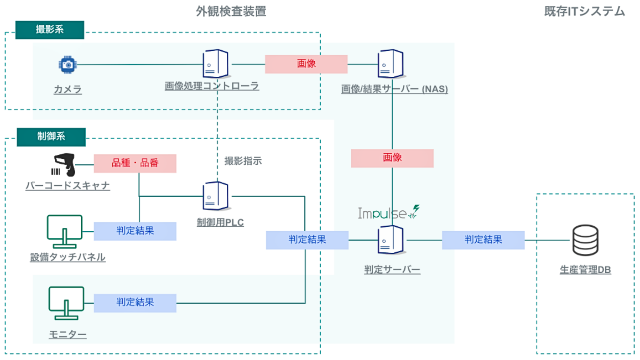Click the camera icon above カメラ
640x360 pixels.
pyautogui.click(x=68, y=64)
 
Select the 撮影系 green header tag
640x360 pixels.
pyautogui.click(x=50, y=30)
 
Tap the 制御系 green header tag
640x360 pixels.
pyautogui.click(x=51, y=137)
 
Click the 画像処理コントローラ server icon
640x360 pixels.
pyautogui.click(x=215, y=64)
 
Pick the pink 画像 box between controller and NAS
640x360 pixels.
pyautogui.click(x=306, y=64)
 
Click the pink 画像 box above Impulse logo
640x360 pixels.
pyautogui.click(x=392, y=158)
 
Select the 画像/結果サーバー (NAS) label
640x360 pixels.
pyautogui.click(x=394, y=89)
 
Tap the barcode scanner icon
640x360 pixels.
pyautogui.click(x=64, y=164)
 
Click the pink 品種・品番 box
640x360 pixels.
pyautogui.click(x=135, y=163)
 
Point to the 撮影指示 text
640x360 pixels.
pyautogui.click(x=243, y=161)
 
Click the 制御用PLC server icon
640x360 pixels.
pyautogui.click(x=215, y=196)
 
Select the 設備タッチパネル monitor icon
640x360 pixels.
pyautogui.click(x=64, y=231)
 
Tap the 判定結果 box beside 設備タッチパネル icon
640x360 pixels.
pyautogui.click(x=135, y=231)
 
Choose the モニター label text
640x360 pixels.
pyautogui.click(x=68, y=334)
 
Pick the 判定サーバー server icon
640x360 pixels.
pyautogui.click(x=390, y=240)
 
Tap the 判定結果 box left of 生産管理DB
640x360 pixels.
pyautogui.click(x=483, y=240)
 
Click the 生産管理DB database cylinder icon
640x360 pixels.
pyautogui.click(x=585, y=240)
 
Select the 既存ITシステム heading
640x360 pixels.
pyautogui.click(x=584, y=11)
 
